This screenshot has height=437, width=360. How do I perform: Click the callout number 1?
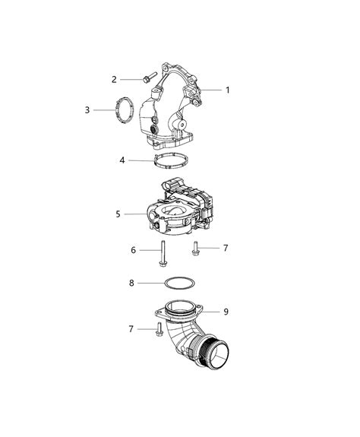pos(227,90)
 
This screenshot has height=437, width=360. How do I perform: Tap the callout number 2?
pos(115,79)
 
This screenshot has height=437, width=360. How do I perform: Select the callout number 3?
pos(87,110)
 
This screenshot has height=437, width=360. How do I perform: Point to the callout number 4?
pos(122,160)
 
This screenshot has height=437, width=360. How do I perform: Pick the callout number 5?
pos(118,214)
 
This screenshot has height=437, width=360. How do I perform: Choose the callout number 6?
pos(134,250)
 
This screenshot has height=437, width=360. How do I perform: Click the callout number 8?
pos(131,283)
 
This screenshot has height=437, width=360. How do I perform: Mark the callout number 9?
pos(226,312)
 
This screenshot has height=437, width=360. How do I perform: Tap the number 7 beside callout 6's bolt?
pos(226,248)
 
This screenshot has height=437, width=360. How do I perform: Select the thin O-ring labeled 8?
pos(180,283)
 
